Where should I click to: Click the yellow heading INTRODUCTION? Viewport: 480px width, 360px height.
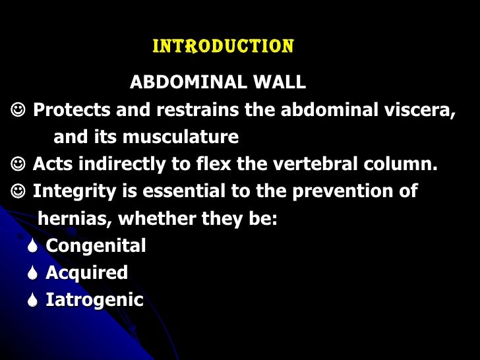click(x=223, y=47)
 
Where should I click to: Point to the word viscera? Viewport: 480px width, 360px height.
click(x=422, y=110)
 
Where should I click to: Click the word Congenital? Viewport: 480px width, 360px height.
click(x=96, y=247)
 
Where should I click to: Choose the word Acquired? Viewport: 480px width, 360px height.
click(x=86, y=273)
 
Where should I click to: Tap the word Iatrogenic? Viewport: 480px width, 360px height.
click(x=94, y=301)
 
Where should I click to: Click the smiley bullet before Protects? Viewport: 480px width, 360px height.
click(x=18, y=110)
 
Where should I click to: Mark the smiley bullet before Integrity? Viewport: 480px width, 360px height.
click(x=18, y=192)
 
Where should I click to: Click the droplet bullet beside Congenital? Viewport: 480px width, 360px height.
click(x=33, y=247)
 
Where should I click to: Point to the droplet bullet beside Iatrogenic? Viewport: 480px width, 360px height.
click(x=33, y=301)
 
